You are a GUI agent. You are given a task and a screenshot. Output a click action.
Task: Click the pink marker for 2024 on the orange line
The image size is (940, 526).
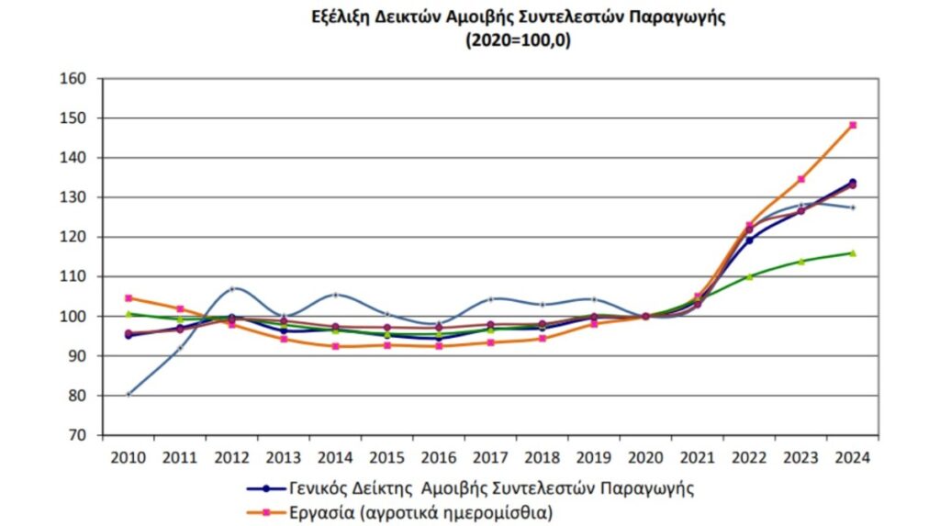pos(853,125)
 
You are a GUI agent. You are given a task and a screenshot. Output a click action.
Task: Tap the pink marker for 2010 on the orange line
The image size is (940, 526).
pos(129,297)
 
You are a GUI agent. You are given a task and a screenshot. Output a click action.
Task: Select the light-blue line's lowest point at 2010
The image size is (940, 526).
pos(129,394)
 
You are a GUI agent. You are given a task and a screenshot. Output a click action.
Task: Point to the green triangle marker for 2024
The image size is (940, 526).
pos(853,252)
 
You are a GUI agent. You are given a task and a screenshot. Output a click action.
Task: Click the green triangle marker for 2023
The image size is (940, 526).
pos(800,262)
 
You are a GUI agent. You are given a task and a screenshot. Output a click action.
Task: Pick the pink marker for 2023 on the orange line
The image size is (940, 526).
pos(800,179)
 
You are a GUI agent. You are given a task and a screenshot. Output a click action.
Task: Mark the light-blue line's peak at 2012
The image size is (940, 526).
pos(232,288)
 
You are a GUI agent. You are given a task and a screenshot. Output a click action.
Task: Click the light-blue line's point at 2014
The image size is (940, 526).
pos(335,295)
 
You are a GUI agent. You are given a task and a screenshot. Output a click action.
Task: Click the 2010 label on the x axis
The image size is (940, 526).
pos(129,456)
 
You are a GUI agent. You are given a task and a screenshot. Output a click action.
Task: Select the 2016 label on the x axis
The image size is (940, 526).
pos(439,456)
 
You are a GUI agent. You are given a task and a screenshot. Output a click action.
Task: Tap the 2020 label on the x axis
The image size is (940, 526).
pos(645,456)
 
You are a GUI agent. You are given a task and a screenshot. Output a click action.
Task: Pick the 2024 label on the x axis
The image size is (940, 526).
pos(853,456)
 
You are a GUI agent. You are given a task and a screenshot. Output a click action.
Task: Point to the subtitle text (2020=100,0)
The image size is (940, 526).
pos(518,41)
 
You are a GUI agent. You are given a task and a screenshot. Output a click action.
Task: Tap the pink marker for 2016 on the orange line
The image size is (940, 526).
pos(439,346)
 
